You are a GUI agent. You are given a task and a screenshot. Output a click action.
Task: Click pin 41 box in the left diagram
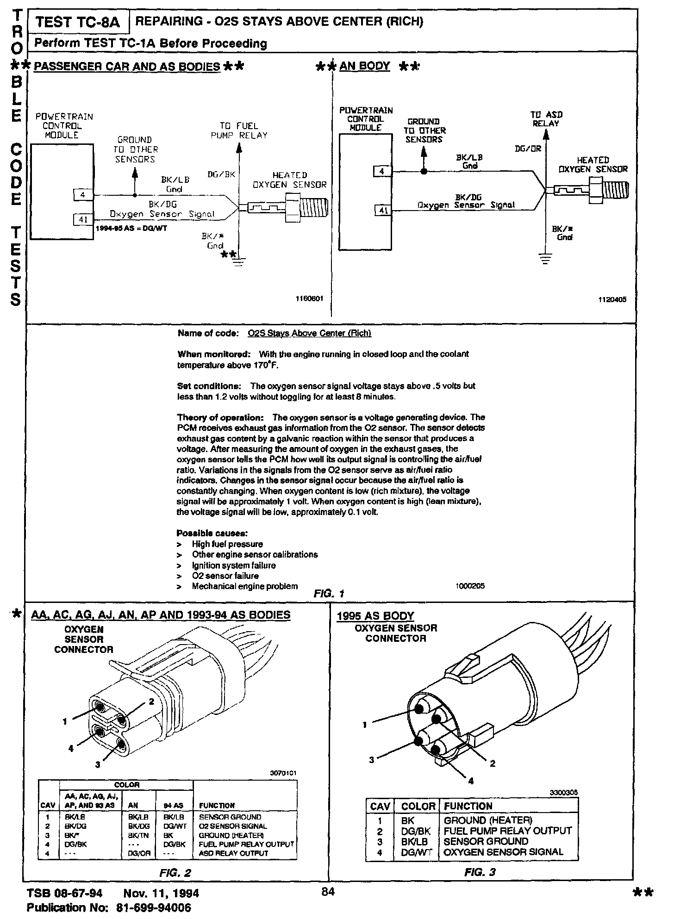point(83,220)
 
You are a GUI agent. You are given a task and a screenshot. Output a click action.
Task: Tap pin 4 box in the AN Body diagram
point(382,172)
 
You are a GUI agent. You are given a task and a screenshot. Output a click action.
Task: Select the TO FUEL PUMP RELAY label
point(239,130)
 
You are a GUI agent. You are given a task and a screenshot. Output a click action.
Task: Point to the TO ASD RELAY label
point(546,119)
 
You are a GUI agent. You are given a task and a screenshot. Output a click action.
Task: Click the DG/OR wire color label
point(528,149)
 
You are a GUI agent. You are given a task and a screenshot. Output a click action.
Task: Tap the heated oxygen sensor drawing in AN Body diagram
point(590,190)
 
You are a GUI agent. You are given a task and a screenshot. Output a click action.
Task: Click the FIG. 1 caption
point(328,594)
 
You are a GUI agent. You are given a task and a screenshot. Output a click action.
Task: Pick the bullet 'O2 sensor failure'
point(225,576)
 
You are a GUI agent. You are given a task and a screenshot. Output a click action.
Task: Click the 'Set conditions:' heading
point(208,386)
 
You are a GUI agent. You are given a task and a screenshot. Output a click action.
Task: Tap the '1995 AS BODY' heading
point(375,616)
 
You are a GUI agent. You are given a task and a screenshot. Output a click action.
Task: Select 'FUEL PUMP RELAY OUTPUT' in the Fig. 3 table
point(507,831)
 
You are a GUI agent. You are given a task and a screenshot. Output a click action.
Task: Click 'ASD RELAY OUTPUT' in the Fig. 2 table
point(233,853)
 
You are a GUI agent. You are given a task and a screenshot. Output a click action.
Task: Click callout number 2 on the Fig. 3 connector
point(492,764)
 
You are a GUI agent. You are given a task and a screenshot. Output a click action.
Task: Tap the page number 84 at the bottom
point(328,892)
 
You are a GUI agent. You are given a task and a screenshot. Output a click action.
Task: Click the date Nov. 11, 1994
point(161,893)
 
